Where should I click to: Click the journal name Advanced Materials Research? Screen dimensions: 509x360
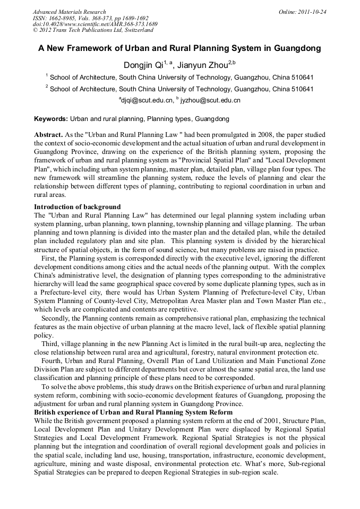(69, 12)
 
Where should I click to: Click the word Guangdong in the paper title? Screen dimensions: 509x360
(297, 48)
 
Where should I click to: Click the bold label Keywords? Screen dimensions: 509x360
(51, 119)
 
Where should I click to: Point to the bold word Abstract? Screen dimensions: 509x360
(48, 135)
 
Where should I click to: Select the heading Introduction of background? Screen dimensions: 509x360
(78, 207)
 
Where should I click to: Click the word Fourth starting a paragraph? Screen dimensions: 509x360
(53, 360)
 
